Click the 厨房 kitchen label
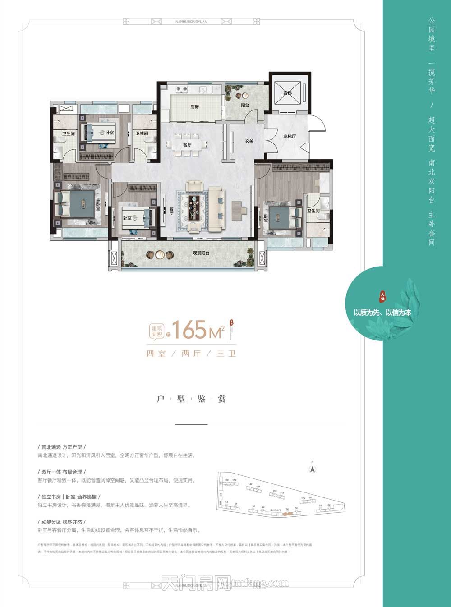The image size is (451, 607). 194,107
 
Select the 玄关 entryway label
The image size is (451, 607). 249,141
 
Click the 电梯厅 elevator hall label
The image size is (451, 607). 289,136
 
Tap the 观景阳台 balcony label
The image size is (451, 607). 201,253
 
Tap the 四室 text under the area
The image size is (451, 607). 156,354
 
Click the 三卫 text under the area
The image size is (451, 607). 226,354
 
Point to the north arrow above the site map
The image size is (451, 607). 311,469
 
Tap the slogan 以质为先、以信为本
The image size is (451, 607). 382,312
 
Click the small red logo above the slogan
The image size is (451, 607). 383,296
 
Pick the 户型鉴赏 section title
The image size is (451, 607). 191,399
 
